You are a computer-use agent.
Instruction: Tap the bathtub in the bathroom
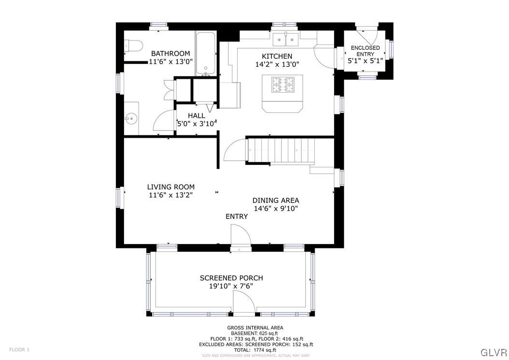206,53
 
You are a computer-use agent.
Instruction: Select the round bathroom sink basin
130,117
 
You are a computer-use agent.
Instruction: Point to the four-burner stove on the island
283,85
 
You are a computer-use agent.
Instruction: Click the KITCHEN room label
277,56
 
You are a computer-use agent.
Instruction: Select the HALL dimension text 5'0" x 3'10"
197,123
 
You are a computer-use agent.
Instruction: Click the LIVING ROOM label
171,187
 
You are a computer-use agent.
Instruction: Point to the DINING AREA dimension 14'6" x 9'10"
276,209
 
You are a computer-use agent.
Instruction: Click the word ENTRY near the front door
237,216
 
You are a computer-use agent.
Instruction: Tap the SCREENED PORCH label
231,278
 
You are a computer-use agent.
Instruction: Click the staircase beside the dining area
281,150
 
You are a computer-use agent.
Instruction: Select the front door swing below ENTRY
240,237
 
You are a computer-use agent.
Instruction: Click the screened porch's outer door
244,304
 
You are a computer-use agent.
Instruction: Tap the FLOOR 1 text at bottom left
19,349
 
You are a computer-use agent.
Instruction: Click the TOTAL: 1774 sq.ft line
255,350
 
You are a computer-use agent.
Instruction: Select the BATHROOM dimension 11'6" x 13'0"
170,61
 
